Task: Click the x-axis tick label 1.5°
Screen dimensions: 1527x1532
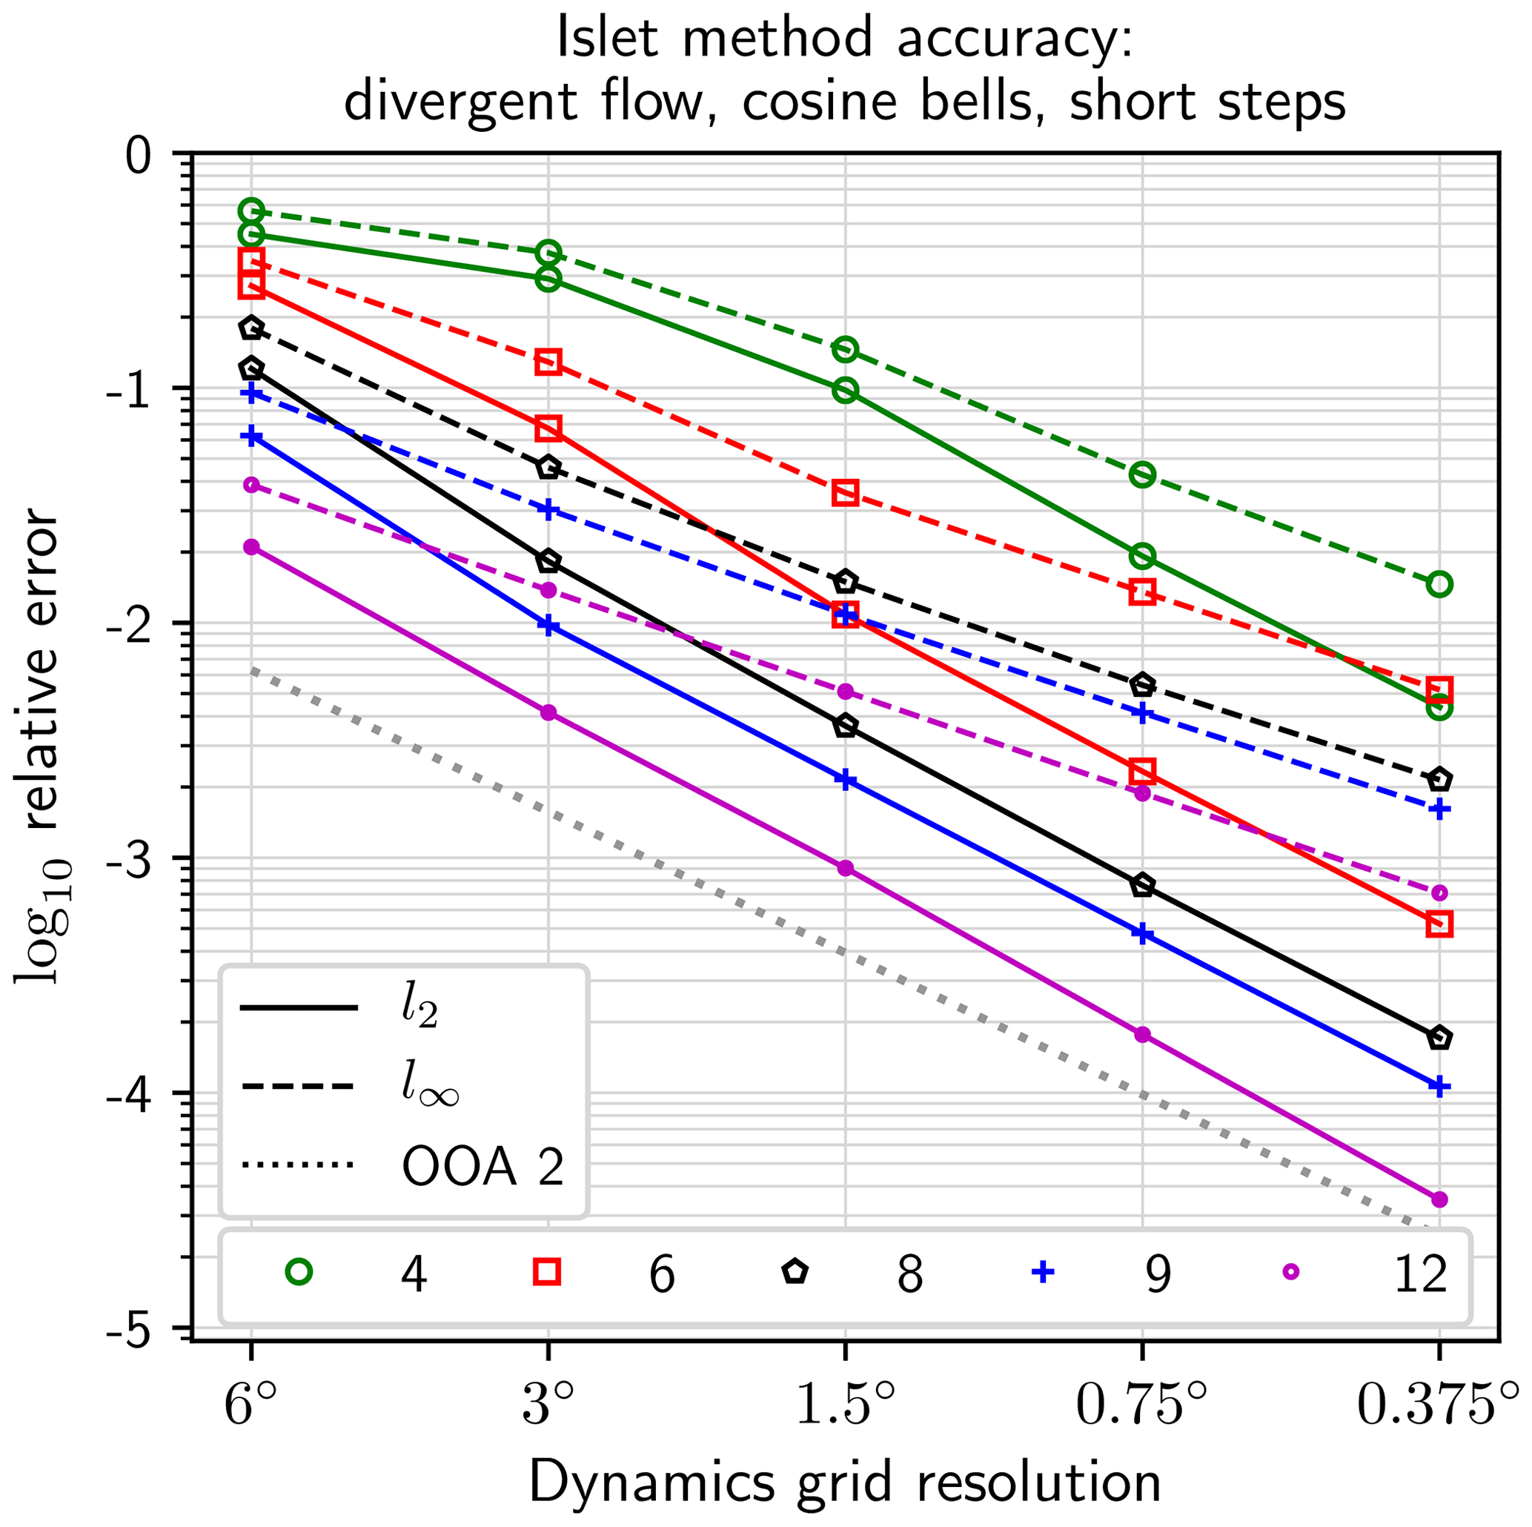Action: pos(845,1408)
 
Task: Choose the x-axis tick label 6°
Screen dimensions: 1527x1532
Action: pos(250,1408)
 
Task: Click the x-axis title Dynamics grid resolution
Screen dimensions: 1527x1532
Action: pos(845,1482)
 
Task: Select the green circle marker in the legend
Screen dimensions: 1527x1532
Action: pos(299,1272)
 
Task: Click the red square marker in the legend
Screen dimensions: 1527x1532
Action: pos(547,1272)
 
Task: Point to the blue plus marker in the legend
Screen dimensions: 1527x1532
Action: pos(1043,1272)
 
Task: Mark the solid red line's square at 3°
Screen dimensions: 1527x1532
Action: pos(548,428)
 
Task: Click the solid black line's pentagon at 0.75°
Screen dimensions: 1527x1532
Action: pos(1143,885)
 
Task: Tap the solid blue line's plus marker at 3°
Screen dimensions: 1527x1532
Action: pos(548,625)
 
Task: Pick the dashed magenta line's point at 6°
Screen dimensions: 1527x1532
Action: pos(251,485)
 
